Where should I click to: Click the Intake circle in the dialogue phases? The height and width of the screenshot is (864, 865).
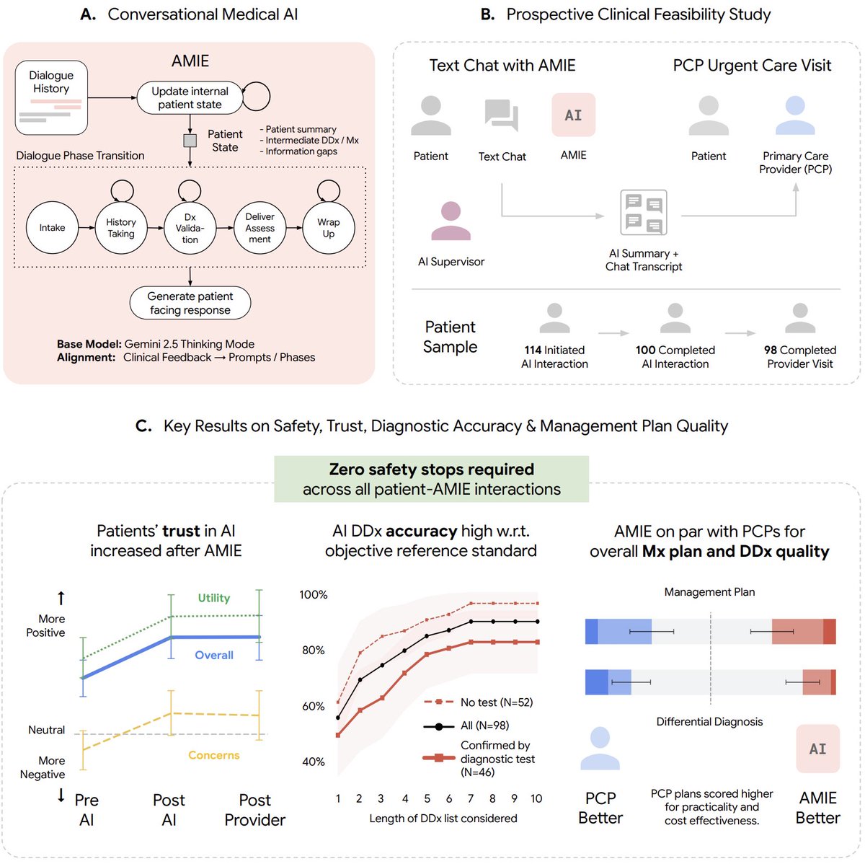(x=52, y=228)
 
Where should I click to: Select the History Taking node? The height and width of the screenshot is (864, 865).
(x=121, y=228)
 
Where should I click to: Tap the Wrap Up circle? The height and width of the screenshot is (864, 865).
(x=329, y=228)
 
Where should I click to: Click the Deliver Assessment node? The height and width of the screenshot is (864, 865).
(x=259, y=228)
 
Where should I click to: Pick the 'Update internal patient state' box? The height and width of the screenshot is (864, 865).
(x=190, y=98)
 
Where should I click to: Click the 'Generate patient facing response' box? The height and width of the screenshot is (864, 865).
(x=190, y=303)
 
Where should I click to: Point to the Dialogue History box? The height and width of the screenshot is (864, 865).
(x=51, y=98)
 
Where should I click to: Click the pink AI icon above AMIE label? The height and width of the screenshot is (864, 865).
(x=573, y=115)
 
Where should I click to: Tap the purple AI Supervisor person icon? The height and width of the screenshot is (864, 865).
(x=451, y=221)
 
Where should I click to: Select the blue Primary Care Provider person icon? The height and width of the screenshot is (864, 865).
(x=795, y=116)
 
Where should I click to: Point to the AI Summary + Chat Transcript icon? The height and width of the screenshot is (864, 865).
(x=643, y=213)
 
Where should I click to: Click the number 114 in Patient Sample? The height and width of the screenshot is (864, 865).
(x=533, y=350)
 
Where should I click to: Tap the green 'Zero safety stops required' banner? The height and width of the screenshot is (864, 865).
(x=431, y=479)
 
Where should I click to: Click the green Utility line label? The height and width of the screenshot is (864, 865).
(x=214, y=598)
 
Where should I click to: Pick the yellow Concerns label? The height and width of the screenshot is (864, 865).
(x=213, y=755)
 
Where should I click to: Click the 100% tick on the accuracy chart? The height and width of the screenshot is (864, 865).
(x=314, y=595)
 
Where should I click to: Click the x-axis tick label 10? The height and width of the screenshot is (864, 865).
(x=536, y=798)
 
